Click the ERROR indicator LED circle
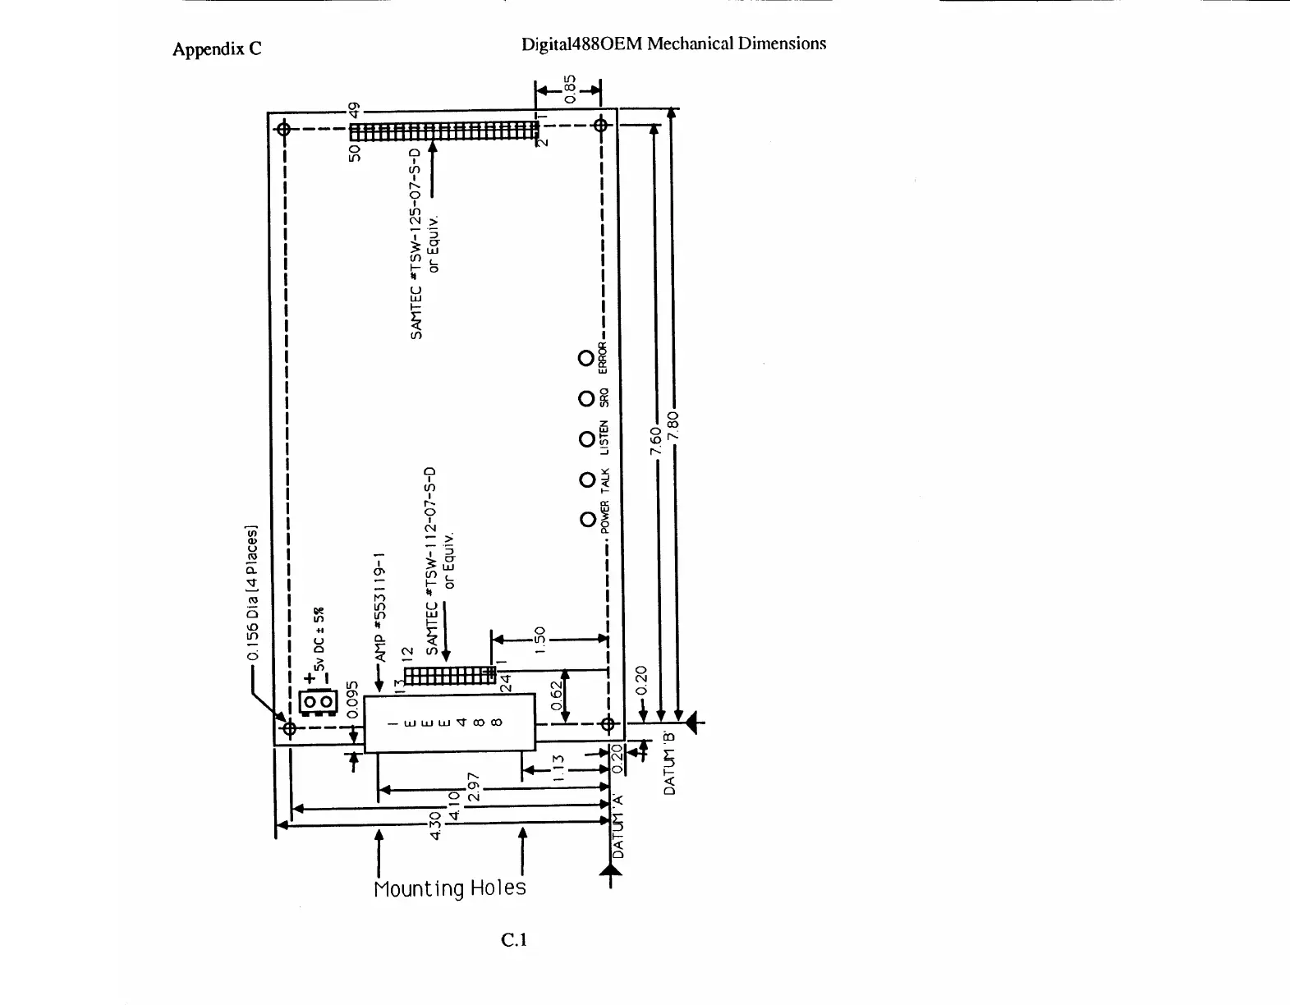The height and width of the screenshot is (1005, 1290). click(585, 358)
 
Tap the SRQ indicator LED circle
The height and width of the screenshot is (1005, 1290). click(585, 398)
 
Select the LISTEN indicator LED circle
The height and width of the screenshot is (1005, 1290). click(586, 439)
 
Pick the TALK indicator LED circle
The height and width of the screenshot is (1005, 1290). click(586, 480)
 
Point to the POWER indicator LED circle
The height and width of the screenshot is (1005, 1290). click(586, 520)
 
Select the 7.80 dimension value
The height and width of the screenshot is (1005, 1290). click(674, 425)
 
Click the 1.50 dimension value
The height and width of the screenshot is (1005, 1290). click(539, 639)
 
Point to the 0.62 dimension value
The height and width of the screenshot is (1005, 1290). click(556, 695)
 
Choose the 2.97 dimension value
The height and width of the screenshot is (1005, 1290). click(473, 787)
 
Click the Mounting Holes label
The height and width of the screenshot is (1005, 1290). click(449, 888)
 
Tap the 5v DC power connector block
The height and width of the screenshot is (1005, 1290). click(318, 702)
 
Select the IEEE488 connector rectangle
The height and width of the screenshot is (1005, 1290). click(449, 723)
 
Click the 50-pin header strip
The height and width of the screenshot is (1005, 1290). click(443, 131)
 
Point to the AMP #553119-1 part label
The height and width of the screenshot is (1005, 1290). click(380, 607)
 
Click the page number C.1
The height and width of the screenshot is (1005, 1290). click(514, 939)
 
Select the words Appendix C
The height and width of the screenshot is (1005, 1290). click(217, 49)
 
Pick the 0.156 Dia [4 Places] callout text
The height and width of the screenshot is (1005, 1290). click(254, 593)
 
